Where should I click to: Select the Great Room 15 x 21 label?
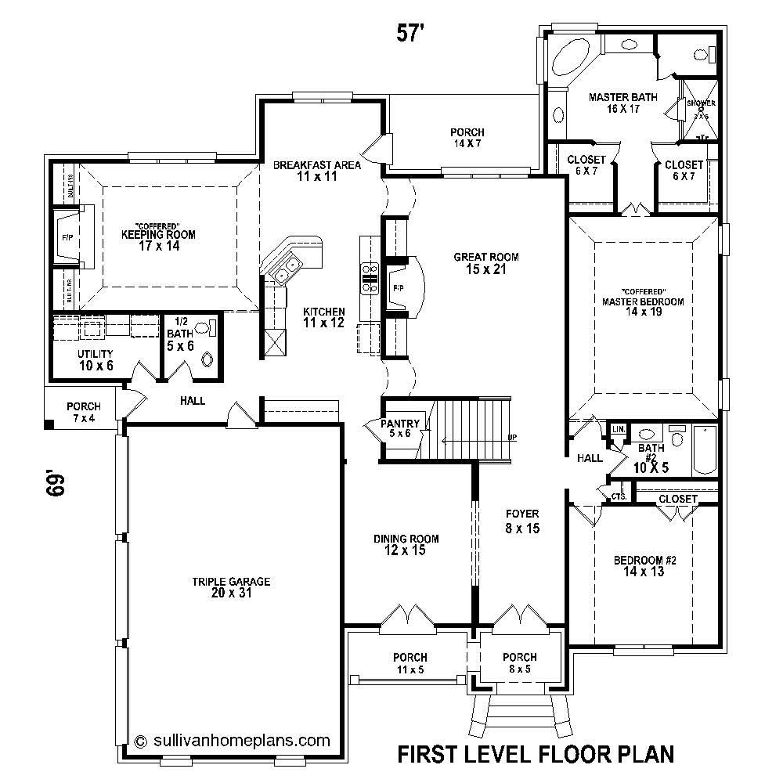pos(486,263)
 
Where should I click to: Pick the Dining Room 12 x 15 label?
pos(406,544)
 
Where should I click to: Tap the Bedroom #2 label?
pos(644,565)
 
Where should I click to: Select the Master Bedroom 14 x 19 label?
pos(643,306)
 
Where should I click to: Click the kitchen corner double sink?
pos(283,268)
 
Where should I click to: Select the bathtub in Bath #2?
pos(704,450)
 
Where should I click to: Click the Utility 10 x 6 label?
pos(95,359)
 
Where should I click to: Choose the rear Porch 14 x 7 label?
pos(467,138)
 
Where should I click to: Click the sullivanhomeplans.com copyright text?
pos(233,740)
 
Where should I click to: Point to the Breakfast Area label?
pos(316,171)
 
